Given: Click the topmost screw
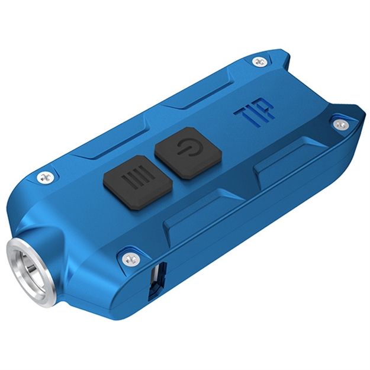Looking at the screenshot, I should click(x=259, y=62).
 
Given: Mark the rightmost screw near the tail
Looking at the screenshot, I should click(x=339, y=124).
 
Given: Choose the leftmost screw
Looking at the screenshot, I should click(x=45, y=176).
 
